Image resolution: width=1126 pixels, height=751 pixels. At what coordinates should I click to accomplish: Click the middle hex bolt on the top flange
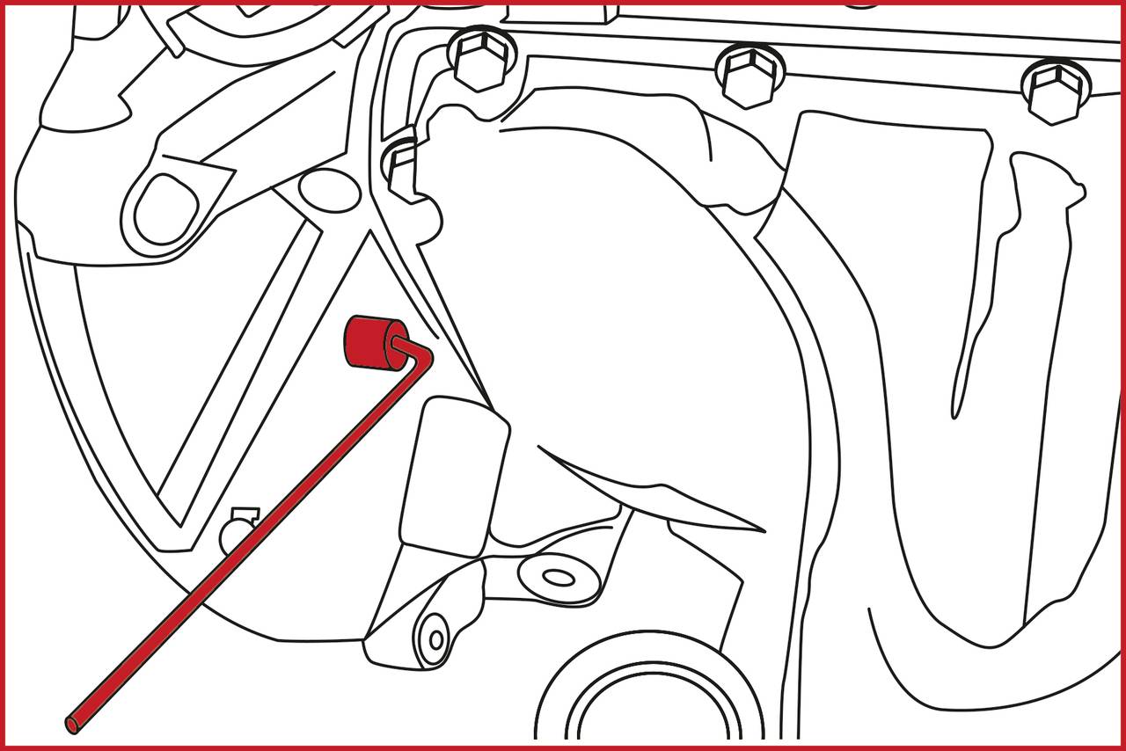click(x=749, y=75)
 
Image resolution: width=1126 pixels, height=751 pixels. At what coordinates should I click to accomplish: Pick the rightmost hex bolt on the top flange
click(x=1055, y=91)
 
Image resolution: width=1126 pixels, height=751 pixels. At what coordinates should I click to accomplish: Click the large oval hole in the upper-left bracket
click(x=166, y=209)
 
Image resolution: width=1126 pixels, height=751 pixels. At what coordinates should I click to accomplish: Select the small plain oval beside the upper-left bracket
click(x=329, y=190)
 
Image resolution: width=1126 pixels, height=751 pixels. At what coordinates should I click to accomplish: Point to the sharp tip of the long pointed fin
click(x=762, y=530)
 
